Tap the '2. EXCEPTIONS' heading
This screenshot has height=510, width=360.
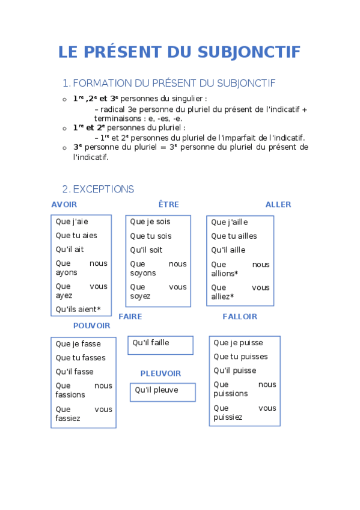[98, 189]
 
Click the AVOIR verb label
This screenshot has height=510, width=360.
[64, 204]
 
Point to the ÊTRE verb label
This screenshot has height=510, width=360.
[168, 204]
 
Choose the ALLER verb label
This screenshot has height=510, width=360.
[278, 204]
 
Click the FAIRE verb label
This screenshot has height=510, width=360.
[130, 316]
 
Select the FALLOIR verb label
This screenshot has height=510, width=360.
[240, 316]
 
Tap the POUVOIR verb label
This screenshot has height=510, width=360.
[92, 325]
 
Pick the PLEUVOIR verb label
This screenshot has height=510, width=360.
[160, 373]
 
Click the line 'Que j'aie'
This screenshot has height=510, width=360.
[72, 222]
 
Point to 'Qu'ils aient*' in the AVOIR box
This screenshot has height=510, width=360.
[78, 310]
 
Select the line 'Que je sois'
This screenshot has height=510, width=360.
[150, 222]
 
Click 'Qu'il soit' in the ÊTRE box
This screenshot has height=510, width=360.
[146, 250]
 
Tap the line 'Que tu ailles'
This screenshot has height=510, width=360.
[234, 236]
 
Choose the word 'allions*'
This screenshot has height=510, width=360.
[225, 274]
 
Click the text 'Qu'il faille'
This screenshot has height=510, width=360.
[151, 343]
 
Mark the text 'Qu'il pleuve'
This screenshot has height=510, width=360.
[156, 390]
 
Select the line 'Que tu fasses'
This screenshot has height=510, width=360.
[81, 358]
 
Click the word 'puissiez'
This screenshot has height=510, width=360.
[228, 417]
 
